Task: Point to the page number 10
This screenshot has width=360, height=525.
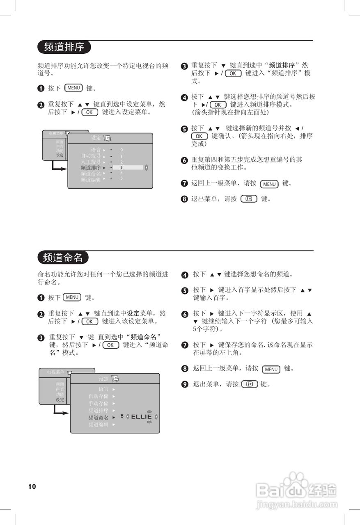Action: coord(32,486)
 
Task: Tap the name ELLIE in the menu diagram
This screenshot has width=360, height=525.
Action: coord(141,417)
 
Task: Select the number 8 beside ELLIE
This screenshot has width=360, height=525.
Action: coord(122,416)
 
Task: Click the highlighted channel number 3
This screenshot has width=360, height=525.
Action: coord(122,167)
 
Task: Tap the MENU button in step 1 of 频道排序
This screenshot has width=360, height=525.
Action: coord(74,88)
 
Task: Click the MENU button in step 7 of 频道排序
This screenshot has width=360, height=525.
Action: coord(269,184)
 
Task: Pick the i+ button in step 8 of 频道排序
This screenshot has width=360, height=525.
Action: coord(249,199)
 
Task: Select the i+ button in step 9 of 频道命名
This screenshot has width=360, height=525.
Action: coord(250,384)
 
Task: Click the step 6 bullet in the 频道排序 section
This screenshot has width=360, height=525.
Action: coord(184,160)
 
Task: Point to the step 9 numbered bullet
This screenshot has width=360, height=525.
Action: coord(185,385)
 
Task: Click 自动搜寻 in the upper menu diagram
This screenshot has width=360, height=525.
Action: coord(90,156)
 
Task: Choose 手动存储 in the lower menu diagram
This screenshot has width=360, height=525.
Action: coord(99,403)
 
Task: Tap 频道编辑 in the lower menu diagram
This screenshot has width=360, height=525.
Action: coord(99,425)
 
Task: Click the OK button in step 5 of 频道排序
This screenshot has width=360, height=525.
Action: coord(199,136)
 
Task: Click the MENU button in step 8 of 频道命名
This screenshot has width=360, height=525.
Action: coord(271,370)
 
